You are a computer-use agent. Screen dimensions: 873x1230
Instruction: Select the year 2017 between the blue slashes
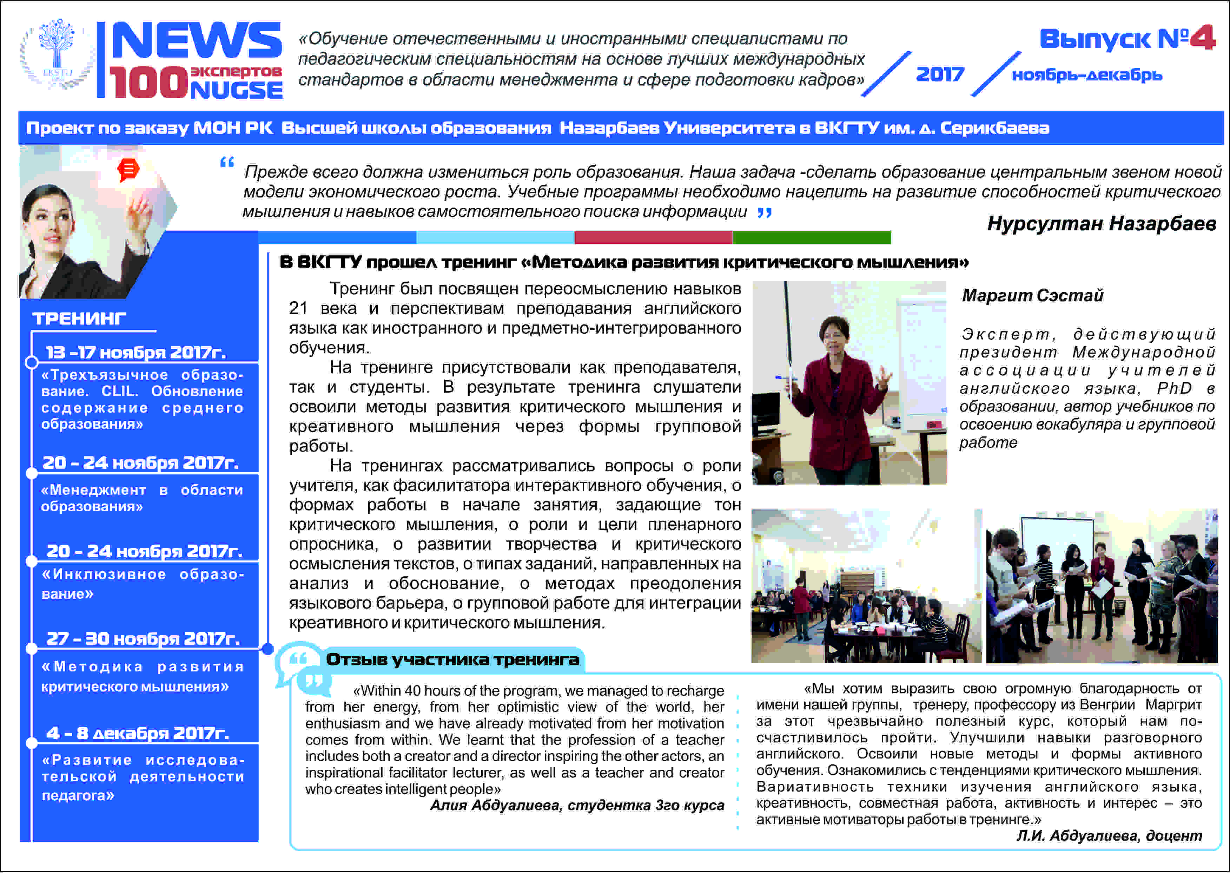point(940,74)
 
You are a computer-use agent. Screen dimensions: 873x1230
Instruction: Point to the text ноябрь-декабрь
point(1086,75)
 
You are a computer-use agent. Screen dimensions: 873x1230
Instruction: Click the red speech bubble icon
point(128,170)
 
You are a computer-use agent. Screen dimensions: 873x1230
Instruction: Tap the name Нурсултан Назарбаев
point(1101,223)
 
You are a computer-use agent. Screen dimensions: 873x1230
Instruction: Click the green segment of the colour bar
point(812,237)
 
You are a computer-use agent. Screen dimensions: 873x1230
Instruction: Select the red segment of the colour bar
point(653,237)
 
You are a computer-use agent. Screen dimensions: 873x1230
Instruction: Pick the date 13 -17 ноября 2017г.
point(136,352)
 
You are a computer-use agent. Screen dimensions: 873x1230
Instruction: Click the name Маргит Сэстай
point(1032,295)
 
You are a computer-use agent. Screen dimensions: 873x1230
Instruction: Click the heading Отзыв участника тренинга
point(452,659)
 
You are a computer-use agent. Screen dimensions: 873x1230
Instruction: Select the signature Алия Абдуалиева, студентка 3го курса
point(577,805)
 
